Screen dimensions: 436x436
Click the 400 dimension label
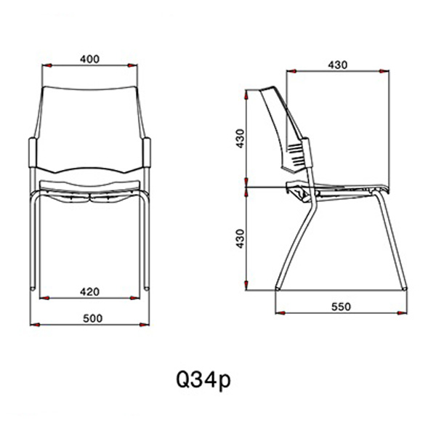(x=89, y=59)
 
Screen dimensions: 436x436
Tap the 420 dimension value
(x=89, y=291)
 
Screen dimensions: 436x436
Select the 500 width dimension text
(x=92, y=318)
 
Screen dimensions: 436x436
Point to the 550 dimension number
(x=342, y=307)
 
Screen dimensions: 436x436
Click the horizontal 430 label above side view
(x=338, y=65)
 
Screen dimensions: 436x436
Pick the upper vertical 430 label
(x=240, y=138)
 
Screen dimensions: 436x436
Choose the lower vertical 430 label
(x=240, y=238)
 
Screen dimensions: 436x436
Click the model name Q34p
(x=203, y=380)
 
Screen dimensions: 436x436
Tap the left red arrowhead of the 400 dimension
(x=47, y=65)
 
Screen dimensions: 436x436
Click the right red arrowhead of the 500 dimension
(x=144, y=324)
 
